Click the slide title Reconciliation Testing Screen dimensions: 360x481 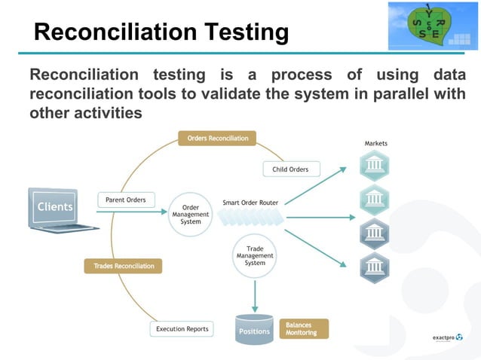pos(161,32)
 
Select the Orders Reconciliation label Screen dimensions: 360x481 pos(217,139)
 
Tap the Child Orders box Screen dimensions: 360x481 pos(290,169)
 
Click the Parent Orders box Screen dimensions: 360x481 pos(126,200)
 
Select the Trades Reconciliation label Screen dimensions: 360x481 pos(124,266)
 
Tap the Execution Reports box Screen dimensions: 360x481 pos(182,329)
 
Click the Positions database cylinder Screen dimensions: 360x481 pos(254,329)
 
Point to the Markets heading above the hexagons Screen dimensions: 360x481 pos(376,143)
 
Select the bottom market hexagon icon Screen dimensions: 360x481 pos(374,267)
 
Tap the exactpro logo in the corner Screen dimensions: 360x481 pos(448,337)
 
